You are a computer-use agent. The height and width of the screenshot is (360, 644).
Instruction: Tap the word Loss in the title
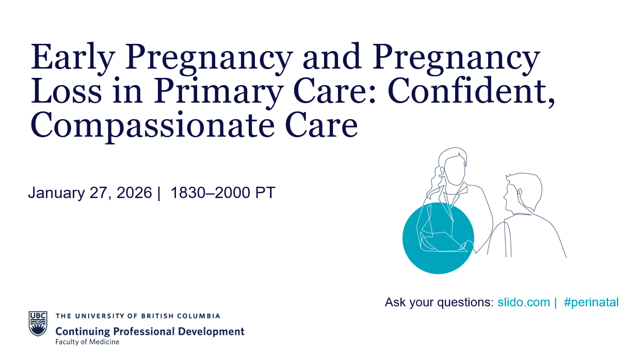point(66,91)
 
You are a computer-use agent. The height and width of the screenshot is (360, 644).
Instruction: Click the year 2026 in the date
point(134,192)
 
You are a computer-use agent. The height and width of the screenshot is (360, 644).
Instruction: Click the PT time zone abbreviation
point(265,192)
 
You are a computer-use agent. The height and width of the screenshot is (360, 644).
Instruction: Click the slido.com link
point(524,302)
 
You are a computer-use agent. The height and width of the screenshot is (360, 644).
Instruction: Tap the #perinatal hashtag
point(591,303)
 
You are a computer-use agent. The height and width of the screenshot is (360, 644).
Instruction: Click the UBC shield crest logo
point(38,323)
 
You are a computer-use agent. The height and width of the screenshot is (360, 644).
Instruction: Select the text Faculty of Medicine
point(87,342)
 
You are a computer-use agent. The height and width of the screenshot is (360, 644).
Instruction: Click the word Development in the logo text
point(211,332)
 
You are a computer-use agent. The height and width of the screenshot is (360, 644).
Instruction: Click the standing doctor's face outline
point(454,170)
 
